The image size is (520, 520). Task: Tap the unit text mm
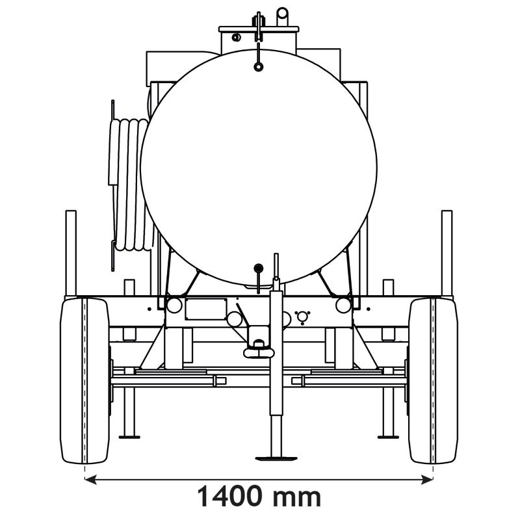click(x=296, y=497)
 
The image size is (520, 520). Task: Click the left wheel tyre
click(x=84, y=380)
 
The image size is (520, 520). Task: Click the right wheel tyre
click(x=433, y=380)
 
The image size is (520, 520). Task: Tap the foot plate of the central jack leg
click(x=276, y=458)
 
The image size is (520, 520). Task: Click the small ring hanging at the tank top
click(x=259, y=66)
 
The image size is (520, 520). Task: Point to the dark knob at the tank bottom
click(x=258, y=267)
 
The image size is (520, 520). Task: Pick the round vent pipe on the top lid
click(x=282, y=16)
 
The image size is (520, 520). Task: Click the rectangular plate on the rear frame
click(x=205, y=309)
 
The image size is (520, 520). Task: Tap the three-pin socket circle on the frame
click(x=302, y=317)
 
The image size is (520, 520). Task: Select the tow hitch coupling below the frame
click(x=259, y=352)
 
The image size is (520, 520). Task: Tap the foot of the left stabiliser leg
click(x=129, y=435)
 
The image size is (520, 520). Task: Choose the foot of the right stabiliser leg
click(x=388, y=435)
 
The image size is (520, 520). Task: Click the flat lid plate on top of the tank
click(x=259, y=29)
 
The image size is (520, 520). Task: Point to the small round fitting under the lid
click(x=237, y=37)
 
